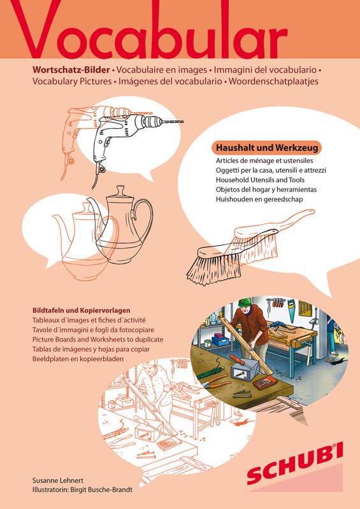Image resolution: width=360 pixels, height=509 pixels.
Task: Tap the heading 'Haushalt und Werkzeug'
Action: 266,148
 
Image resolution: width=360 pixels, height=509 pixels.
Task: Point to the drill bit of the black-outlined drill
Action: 173,122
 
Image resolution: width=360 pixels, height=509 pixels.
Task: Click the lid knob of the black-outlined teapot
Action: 121,189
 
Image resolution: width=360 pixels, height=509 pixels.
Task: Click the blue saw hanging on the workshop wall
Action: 291,307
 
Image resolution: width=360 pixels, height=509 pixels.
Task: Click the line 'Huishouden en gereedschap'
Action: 259,199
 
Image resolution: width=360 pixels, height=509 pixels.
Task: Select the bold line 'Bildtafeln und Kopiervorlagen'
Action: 82,310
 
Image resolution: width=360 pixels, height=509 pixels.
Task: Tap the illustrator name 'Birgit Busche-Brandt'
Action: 101,490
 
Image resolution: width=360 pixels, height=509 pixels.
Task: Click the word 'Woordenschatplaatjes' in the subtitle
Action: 273,81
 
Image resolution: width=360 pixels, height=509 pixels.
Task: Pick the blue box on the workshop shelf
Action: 220,341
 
